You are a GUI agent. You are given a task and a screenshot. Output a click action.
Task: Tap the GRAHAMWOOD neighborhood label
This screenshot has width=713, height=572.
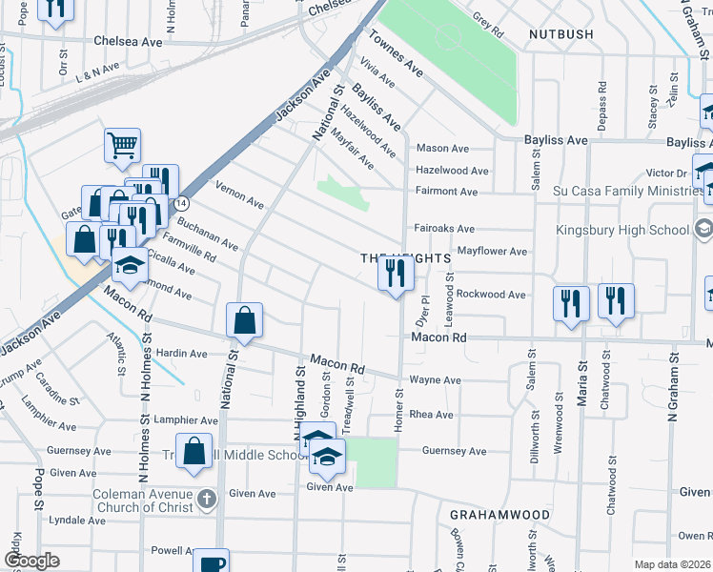pyautogui.click(x=500, y=515)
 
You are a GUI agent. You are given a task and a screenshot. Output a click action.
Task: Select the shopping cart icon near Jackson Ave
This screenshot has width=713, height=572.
pyautogui.click(x=122, y=146)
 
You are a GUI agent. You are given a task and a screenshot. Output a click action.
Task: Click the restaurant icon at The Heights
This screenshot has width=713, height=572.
pyautogui.click(x=395, y=274)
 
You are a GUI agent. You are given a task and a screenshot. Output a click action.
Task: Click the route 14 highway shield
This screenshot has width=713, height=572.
pyautogui.click(x=180, y=203)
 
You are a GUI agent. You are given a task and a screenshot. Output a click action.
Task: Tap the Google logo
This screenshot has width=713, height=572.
pyautogui.click(x=31, y=561)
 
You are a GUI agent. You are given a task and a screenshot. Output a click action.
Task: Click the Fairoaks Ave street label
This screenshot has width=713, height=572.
pyautogui.click(x=445, y=229)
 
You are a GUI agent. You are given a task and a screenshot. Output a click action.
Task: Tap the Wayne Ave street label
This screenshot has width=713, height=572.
pyautogui.click(x=435, y=379)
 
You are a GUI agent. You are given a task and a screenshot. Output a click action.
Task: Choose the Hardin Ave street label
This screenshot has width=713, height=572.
pyautogui.click(x=181, y=354)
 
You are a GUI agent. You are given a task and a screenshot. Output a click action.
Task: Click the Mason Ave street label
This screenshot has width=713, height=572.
pyautogui.click(x=442, y=149)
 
